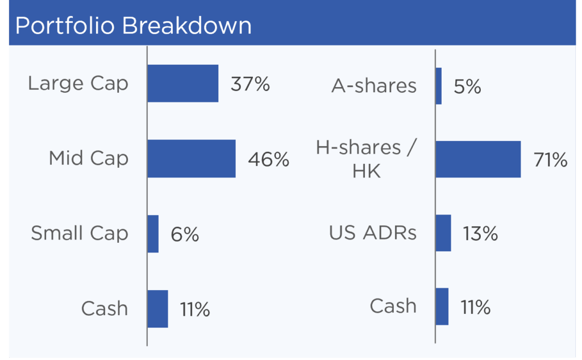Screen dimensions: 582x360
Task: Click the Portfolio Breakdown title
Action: pos(133,25)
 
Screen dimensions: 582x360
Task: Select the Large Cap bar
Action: pos(183,83)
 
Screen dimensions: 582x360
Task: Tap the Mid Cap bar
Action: pos(192,159)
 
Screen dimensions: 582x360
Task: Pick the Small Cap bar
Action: pos(153,234)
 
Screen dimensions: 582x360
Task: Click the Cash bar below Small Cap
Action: pos(158,309)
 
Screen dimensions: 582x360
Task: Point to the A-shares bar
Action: pos(439,86)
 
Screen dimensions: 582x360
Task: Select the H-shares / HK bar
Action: pos(478,159)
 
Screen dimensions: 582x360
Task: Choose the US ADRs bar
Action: pos(443,233)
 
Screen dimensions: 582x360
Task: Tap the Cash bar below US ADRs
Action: pos(442,307)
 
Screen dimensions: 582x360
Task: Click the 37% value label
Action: pos(250,84)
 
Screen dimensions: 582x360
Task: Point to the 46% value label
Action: pos(268,159)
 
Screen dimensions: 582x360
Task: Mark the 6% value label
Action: pos(185,234)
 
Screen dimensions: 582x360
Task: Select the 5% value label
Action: pos(467,86)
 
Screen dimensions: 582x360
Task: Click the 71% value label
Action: pos(550,160)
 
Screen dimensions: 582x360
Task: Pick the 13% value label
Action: pos(480,234)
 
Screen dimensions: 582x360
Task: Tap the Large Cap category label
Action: pos(78,83)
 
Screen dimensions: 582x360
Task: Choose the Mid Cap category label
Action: pos(89,158)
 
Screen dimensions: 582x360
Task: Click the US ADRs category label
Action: pos(373,233)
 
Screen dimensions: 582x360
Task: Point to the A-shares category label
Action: pos(374,86)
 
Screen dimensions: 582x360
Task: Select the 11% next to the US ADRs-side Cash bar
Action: pos(476,307)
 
